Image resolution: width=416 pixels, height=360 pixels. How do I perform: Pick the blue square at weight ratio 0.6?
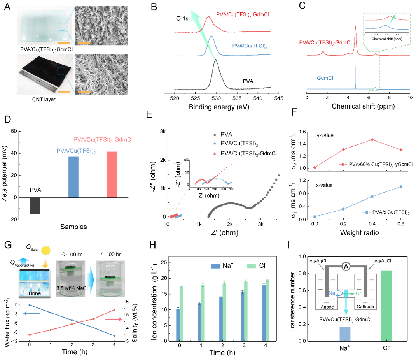(400, 186)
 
